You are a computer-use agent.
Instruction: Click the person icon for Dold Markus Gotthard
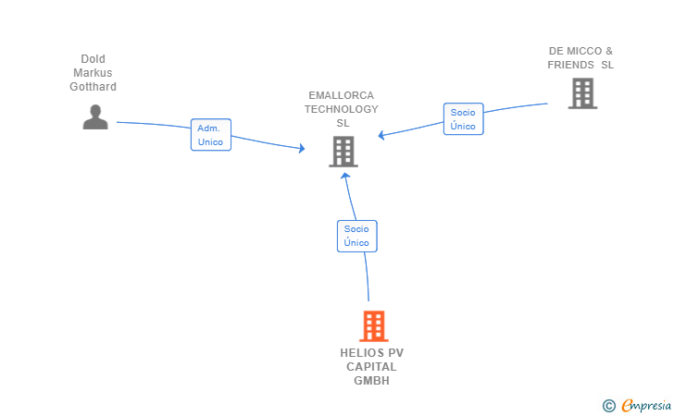tap(95, 117)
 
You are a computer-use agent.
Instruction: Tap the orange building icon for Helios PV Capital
tap(373, 325)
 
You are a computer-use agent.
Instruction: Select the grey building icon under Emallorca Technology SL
tap(343, 152)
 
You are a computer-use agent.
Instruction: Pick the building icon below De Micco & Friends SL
tap(581, 93)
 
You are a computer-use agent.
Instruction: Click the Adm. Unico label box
tap(210, 135)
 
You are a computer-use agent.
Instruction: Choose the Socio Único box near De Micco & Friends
tap(463, 119)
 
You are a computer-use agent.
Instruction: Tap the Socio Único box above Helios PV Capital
tap(356, 236)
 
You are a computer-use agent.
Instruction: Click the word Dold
tap(93, 59)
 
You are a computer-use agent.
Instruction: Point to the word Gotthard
tap(93, 87)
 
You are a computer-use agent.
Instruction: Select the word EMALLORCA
tap(342, 95)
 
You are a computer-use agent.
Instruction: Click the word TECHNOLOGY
tap(342, 109)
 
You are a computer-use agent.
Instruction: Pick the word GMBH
tap(371, 381)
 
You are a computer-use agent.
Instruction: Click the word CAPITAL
tap(371, 367)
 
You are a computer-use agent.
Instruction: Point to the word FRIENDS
tap(570, 65)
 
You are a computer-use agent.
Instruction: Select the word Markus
tap(93, 73)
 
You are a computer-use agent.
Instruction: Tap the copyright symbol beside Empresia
tap(608, 405)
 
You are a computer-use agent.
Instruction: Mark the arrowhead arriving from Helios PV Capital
tap(344, 177)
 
